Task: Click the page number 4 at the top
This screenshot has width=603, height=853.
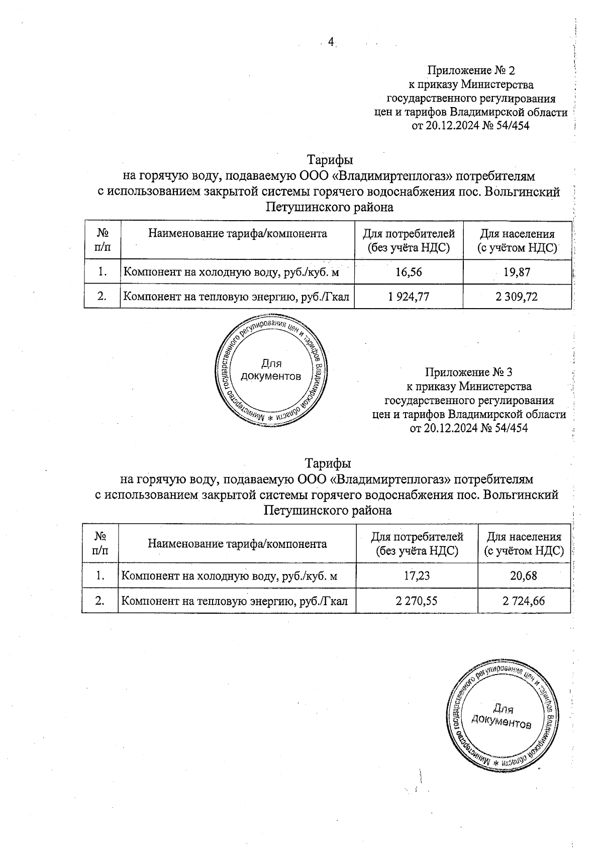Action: click(331, 42)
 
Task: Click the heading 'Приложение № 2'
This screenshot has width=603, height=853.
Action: click(471, 70)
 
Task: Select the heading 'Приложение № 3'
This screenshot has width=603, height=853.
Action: click(469, 372)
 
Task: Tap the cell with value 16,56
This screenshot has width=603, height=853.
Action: click(409, 272)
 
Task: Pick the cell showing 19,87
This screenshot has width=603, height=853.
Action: click(517, 272)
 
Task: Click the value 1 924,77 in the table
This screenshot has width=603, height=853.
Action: click(409, 297)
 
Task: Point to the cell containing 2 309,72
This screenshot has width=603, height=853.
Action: click(517, 297)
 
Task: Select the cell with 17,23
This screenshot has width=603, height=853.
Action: click(417, 576)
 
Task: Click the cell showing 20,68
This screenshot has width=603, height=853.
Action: click(524, 576)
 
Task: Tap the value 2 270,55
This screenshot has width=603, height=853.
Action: click(417, 600)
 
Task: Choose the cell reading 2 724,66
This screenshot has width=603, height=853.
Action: click(524, 600)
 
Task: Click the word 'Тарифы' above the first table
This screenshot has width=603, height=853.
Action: click(330, 160)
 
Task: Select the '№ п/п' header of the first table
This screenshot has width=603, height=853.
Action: click(103, 240)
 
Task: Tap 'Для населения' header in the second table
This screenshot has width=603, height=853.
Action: click(524, 544)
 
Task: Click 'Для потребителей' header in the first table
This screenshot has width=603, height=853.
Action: click(409, 240)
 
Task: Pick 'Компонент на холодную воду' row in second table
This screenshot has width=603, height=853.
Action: click(229, 576)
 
